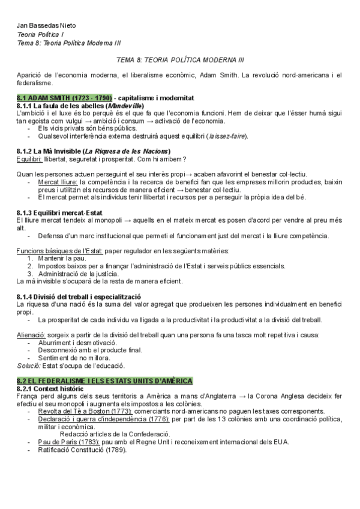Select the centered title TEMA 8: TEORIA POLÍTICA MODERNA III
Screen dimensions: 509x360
tap(179, 61)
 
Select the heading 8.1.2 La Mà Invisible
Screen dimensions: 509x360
tap(94, 151)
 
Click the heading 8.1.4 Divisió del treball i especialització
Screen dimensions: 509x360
tap(79, 297)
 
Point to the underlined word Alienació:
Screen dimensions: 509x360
tap(32, 334)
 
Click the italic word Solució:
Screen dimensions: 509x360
tap(29, 365)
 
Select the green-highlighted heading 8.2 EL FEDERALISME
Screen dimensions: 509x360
tap(105, 381)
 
